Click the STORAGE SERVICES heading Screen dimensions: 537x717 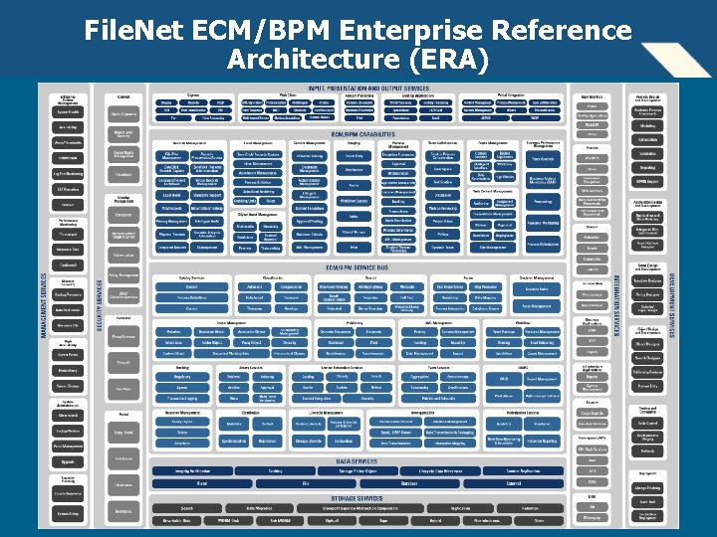coord(356,498)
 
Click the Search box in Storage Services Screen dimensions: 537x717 coord(186,508)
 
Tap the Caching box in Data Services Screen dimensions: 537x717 coord(275,471)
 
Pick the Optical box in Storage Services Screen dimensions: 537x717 coord(358,519)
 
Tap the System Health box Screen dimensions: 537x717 coord(68,111)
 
